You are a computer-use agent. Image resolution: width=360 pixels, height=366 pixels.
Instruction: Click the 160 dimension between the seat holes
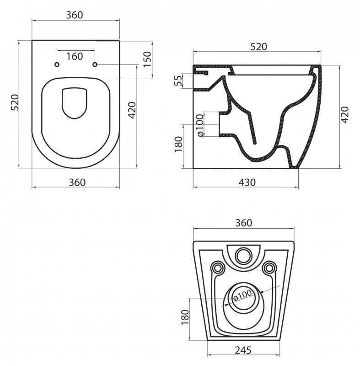[75, 56]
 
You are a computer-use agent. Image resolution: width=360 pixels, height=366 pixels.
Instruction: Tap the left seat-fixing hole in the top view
[57, 65]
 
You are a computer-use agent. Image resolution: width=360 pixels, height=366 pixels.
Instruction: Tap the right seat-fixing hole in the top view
[95, 65]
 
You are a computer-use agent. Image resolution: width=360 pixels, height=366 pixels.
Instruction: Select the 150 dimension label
[147, 59]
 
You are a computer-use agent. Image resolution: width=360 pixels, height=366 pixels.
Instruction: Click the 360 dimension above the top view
[75, 15]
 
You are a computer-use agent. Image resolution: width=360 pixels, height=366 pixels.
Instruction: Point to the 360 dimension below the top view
[77, 182]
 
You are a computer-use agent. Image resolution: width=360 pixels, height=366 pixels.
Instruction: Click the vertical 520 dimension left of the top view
[15, 102]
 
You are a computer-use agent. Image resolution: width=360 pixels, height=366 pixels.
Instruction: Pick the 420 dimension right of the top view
[132, 110]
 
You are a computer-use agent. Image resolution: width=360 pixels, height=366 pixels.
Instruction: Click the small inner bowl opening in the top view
[75, 103]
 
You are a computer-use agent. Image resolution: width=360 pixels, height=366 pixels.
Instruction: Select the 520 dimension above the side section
[258, 47]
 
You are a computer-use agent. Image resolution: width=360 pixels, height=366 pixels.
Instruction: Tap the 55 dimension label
[178, 81]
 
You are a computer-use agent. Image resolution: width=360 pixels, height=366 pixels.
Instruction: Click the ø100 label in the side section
[200, 125]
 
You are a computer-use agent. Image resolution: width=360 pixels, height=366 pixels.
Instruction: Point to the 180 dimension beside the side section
[178, 144]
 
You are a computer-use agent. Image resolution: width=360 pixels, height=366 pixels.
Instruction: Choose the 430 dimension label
[247, 182]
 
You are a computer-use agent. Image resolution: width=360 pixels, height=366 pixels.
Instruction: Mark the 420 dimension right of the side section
[345, 115]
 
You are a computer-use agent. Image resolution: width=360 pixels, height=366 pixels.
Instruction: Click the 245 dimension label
[243, 350]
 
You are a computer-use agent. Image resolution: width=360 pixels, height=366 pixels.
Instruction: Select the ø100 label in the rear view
[242, 295]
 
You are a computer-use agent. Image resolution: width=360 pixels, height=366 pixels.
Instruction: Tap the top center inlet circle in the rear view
[243, 256]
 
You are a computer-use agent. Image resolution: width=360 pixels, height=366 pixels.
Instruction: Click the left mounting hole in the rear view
[218, 268]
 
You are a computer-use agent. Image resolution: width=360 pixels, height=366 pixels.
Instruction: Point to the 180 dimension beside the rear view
[185, 317]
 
